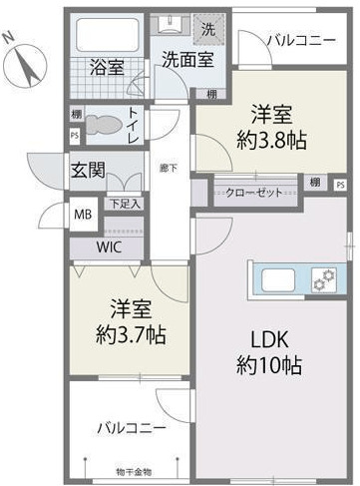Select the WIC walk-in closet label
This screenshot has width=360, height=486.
[x=111, y=246]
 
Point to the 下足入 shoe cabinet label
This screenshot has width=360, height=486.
[x=125, y=204]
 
